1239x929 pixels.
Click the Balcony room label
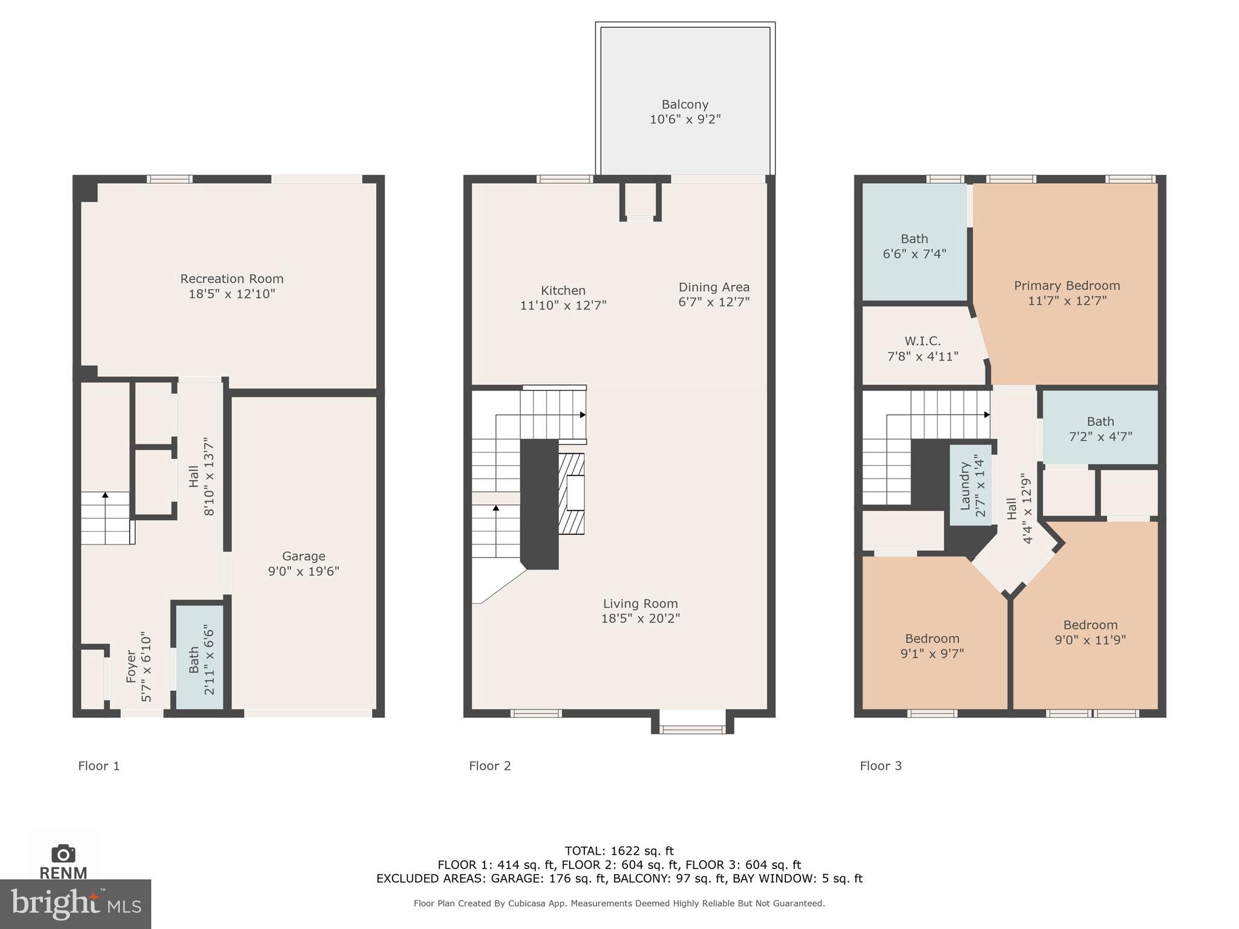(x=685, y=105)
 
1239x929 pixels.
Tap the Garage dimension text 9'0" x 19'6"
(x=304, y=571)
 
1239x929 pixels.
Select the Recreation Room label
(x=232, y=279)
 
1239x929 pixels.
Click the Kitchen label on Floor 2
(x=563, y=290)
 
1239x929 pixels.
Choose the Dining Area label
(x=713, y=287)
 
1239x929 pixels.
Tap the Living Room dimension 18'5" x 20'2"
(x=640, y=618)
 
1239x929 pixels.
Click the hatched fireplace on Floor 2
(x=572, y=493)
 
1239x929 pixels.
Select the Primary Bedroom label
(x=1067, y=285)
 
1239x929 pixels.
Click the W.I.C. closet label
(x=923, y=341)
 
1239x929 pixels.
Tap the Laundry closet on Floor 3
(x=970, y=485)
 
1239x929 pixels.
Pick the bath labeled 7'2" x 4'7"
(x=1100, y=428)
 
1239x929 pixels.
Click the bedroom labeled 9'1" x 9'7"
(x=932, y=645)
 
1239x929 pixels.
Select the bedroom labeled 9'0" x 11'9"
(x=1090, y=632)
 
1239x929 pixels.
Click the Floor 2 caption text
(x=489, y=766)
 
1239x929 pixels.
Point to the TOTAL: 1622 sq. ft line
(x=619, y=851)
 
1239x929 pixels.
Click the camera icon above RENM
(x=63, y=853)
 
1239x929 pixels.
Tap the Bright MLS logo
(x=75, y=904)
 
